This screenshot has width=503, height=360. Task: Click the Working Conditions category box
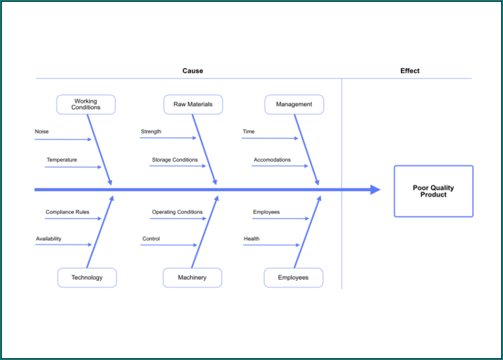point(86,105)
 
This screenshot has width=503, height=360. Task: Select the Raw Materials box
point(193,105)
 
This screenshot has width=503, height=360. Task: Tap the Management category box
point(294,105)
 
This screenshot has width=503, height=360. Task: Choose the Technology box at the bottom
point(87,278)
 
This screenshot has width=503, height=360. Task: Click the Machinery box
point(192,278)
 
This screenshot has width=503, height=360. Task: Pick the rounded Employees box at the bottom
point(293,278)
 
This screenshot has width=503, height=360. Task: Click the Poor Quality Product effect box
point(433,191)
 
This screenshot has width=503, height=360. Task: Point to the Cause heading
point(193,71)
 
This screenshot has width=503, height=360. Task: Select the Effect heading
point(410,71)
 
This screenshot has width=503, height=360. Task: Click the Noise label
point(42,132)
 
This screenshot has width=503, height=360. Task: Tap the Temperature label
point(62,160)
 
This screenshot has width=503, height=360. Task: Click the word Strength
point(151,132)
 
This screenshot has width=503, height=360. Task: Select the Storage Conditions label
point(175,160)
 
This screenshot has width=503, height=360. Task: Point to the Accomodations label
point(272,160)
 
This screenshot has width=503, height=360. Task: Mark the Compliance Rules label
point(67,212)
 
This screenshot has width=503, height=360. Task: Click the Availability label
point(48,239)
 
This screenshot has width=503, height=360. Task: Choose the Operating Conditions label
point(177,212)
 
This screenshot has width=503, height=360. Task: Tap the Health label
point(251,239)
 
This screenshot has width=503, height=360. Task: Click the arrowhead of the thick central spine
point(375,190)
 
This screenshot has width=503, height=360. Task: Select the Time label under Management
point(249,132)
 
